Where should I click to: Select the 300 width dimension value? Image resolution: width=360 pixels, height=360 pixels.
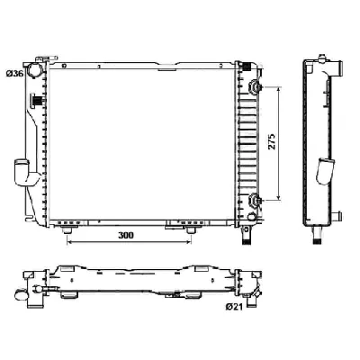[x=127, y=235]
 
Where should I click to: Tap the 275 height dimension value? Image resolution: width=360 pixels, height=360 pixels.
[x=271, y=146]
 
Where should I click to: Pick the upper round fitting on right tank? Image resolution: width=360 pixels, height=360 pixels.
[x=255, y=87]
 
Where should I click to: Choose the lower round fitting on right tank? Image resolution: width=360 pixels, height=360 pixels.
[x=255, y=200]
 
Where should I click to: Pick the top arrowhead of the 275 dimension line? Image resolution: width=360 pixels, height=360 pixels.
[x=281, y=90]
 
